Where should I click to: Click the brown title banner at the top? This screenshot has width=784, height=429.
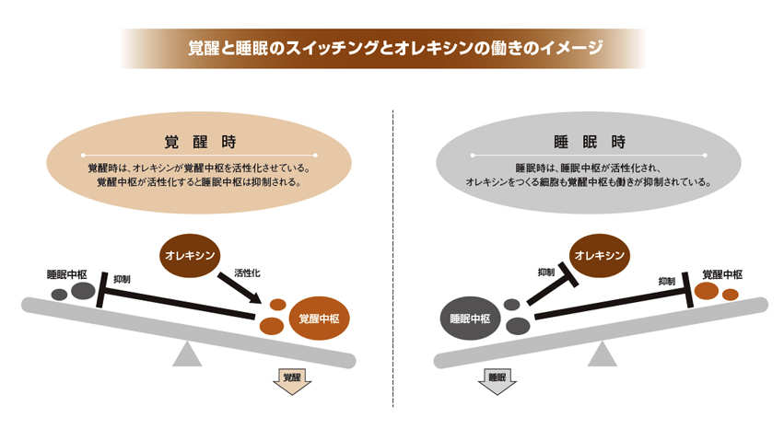click(x=392, y=48)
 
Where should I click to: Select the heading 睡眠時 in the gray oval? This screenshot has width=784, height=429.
click(x=590, y=142)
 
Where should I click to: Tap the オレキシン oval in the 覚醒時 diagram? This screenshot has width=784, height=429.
click(x=191, y=254)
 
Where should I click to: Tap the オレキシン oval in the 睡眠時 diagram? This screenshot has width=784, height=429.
click(x=600, y=254)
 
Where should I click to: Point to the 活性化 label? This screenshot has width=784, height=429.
click(x=248, y=273)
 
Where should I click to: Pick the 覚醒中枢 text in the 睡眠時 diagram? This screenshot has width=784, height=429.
click(x=722, y=274)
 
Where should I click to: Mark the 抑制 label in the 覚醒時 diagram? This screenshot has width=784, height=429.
click(x=122, y=278)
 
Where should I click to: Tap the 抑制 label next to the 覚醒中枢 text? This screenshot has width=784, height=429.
click(x=668, y=282)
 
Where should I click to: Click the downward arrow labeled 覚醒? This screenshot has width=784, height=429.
click(x=294, y=380)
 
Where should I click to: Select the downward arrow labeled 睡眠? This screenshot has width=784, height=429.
click(x=497, y=380)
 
